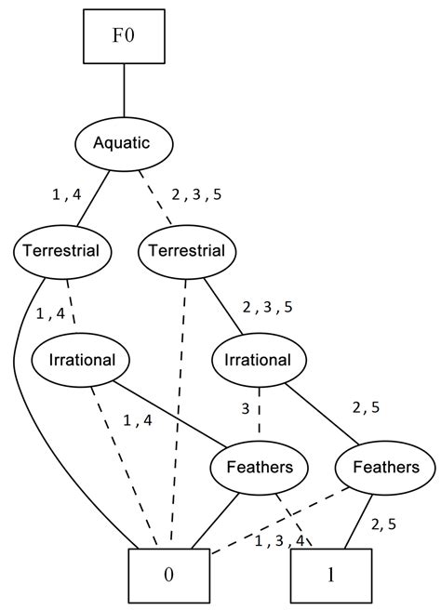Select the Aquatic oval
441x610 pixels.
tap(124, 144)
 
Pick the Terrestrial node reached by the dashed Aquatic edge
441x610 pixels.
tap(187, 251)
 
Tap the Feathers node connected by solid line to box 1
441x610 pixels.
tap(383, 467)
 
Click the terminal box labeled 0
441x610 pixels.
tap(168, 574)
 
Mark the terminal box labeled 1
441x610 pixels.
tap(330, 574)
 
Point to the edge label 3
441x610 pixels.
tap(246, 407)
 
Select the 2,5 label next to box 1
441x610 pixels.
tap(383, 524)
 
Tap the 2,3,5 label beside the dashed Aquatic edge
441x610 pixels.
tap(196, 196)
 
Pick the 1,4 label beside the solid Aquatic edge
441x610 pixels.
tap(67, 194)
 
